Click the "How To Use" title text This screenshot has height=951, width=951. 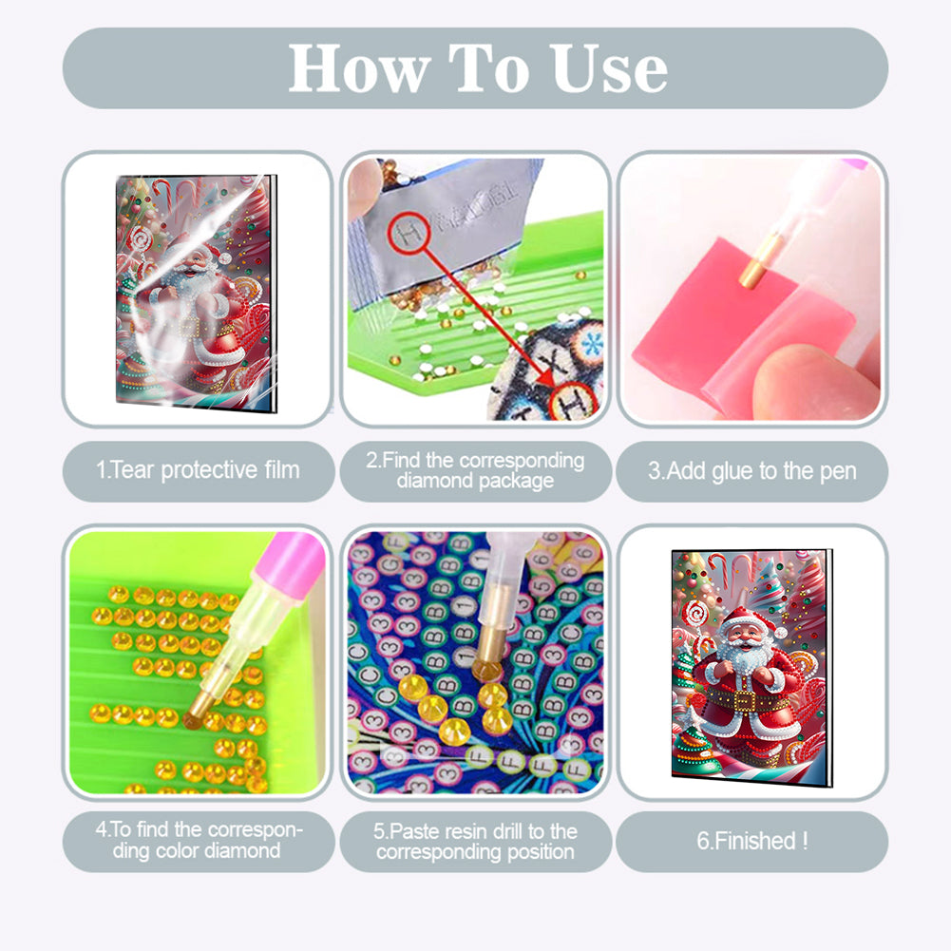[x=478, y=67]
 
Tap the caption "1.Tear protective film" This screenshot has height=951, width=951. [x=199, y=469]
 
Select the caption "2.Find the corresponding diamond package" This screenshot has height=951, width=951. [x=475, y=470]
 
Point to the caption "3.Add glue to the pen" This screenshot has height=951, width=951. [x=751, y=470]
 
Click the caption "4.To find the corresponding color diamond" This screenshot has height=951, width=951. [x=199, y=840]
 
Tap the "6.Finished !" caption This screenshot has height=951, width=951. [x=751, y=840]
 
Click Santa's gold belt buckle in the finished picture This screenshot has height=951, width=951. [x=750, y=702]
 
